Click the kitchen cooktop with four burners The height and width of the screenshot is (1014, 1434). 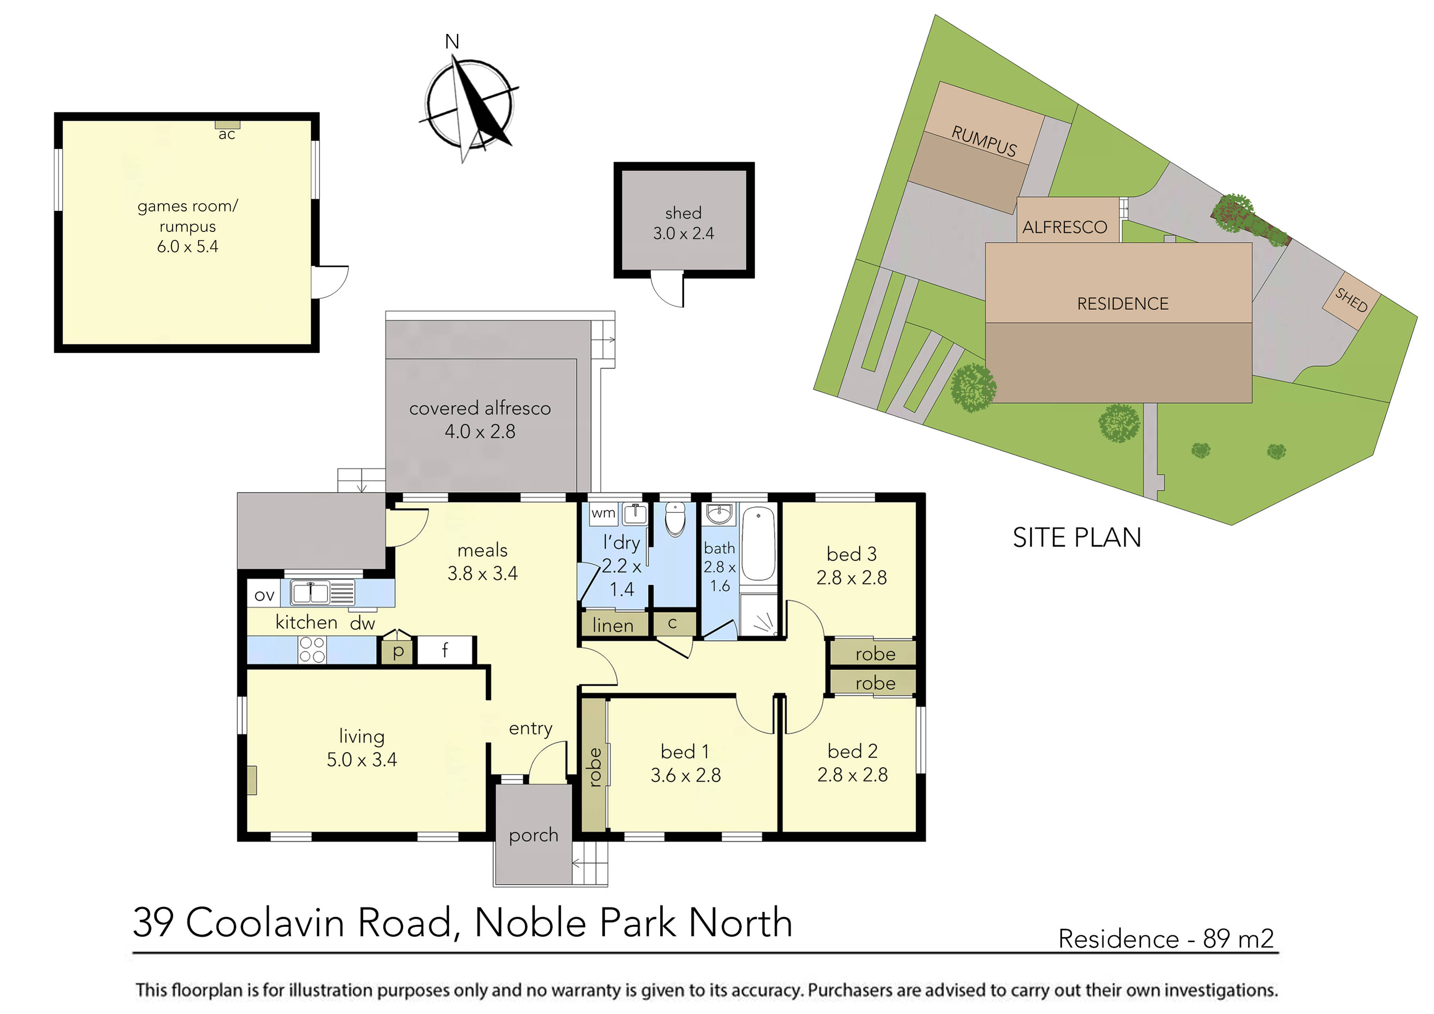(x=311, y=650)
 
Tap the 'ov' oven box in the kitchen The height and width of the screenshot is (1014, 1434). (x=264, y=595)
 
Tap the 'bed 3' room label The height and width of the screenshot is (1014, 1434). (x=851, y=554)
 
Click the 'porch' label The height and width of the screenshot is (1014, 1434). (x=533, y=835)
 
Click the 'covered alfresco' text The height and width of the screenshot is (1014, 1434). (x=479, y=408)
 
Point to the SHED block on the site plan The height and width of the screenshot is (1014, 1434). (x=1351, y=301)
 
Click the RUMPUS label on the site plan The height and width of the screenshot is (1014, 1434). (x=984, y=141)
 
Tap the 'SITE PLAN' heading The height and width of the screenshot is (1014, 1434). (x=1077, y=538)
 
